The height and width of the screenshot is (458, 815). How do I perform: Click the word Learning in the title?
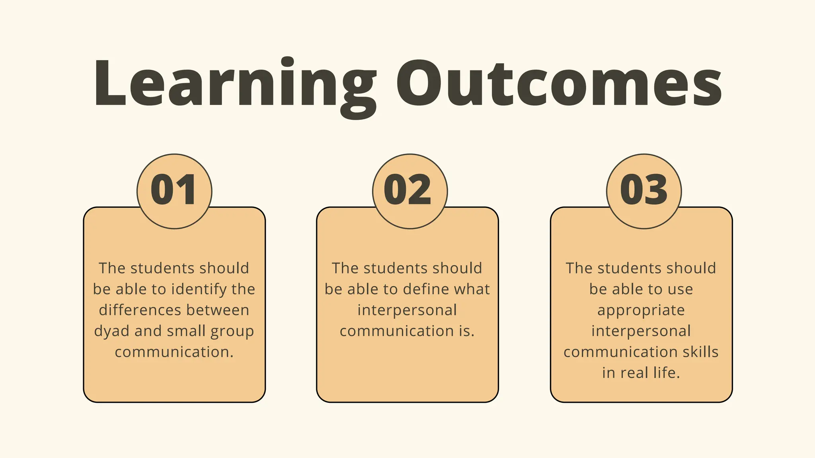pyautogui.click(x=235, y=84)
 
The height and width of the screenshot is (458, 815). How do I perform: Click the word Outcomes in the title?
pyautogui.click(x=559, y=84)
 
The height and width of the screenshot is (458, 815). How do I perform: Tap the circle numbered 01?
pyautogui.click(x=174, y=191)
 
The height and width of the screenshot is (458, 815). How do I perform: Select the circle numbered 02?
pyautogui.click(x=410, y=191)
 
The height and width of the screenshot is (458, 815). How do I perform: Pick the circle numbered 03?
pyautogui.click(x=644, y=191)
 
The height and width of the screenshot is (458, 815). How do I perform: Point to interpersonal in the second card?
pyautogui.click(x=407, y=310)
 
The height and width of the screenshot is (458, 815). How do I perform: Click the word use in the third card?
pyautogui.click(x=680, y=289)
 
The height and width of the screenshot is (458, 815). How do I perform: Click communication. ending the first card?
pyautogui.click(x=174, y=352)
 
